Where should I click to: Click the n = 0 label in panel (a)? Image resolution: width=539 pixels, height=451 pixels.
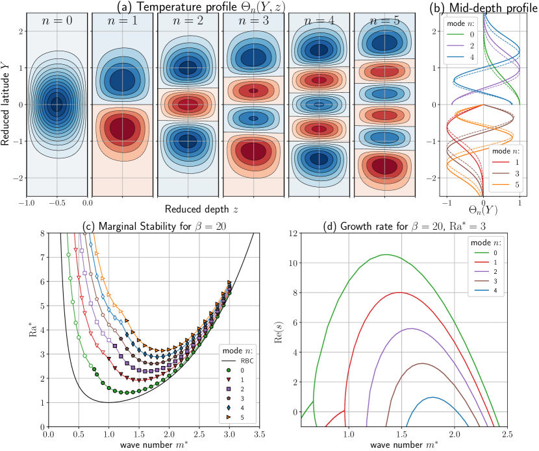coord(56,24)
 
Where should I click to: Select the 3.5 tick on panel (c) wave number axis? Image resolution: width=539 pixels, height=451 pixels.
coord(258,435)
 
